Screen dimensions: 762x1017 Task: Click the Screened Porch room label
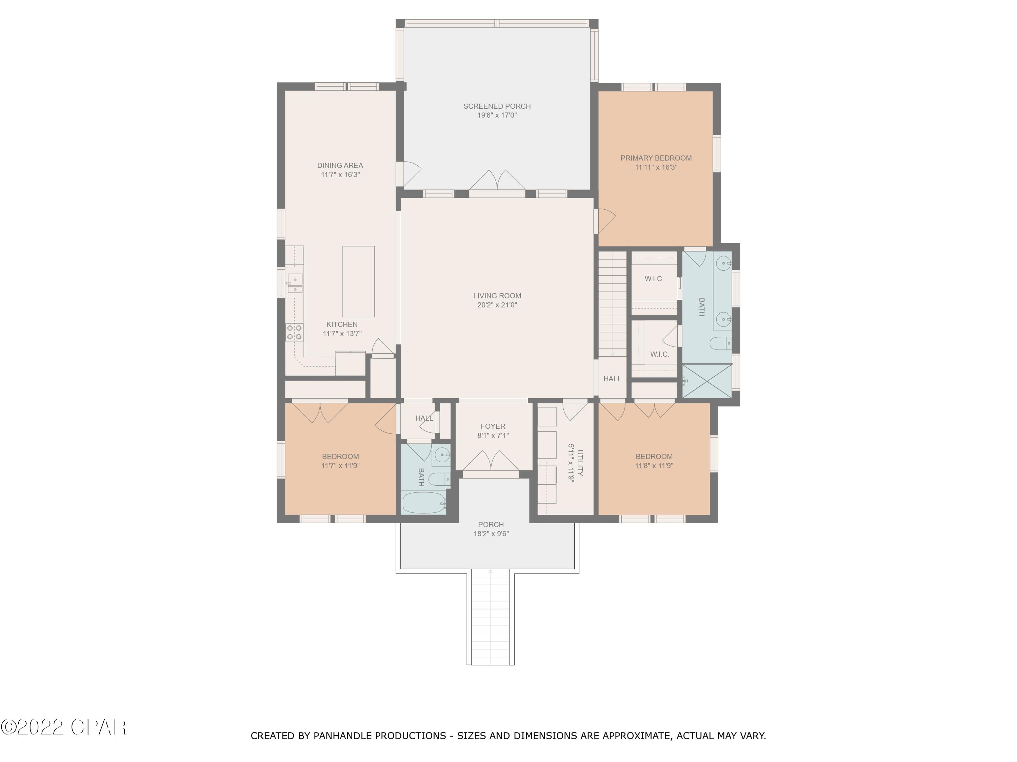[x=497, y=106]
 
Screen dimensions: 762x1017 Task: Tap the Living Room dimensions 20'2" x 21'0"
[x=497, y=305]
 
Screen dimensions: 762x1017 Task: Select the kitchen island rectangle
[x=358, y=281]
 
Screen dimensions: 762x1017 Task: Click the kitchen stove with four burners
[x=294, y=332]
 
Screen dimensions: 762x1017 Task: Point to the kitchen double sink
[x=295, y=283]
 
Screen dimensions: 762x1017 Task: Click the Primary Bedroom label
[x=656, y=158]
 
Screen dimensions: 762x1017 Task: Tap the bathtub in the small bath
[x=423, y=503]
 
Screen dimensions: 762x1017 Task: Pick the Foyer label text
[x=493, y=426]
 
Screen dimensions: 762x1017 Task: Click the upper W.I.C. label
[x=654, y=279]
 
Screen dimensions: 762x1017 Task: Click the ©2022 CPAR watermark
[x=63, y=727]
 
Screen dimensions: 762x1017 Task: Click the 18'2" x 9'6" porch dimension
[x=491, y=534]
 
